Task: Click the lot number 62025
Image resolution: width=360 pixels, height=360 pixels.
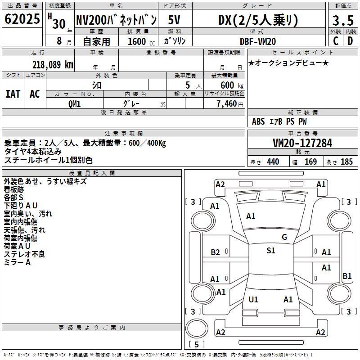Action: pyautogui.click(x=22, y=20)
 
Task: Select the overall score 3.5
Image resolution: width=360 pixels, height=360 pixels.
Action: pyautogui.click(x=342, y=21)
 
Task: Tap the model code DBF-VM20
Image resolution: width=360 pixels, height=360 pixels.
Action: pyautogui.click(x=258, y=41)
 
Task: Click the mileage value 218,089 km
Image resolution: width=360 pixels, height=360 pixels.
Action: pyautogui.click(x=53, y=64)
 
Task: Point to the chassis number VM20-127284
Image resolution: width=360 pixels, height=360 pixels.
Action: pyautogui.click(x=302, y=143)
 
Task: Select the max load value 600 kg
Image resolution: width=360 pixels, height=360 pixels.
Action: pyautogui.click(x=230, y=85)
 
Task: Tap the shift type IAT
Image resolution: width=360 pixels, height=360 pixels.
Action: pyautogui.click(x=13, y=94)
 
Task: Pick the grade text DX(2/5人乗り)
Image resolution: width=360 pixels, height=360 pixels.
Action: pyautogui.click(x=258, y=20)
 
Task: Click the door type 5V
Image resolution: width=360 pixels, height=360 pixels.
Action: pyautogui.click(x=175, y=20)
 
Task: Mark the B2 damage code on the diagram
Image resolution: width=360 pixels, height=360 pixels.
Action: pyautogui.click(x=215, y=252)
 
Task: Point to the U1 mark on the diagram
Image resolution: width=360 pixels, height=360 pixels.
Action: pyautogui.click(x=253, y=299)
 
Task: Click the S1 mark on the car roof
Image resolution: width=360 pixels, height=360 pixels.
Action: pyautogui.click(x=271, y=251)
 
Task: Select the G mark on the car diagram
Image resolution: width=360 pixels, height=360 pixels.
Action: pyautogui.click(x=284, y=237)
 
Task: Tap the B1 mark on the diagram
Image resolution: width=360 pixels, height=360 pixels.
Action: pyautogui.click(x=347, y=276)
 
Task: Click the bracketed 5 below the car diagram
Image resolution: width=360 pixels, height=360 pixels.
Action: pyautogui.click(x=196, y=344)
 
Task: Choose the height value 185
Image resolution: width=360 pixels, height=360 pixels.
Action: pyautogui.click(x=346, y=162)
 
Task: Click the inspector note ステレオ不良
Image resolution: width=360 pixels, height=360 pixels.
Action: pyautogui.click(x=25, y=254)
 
